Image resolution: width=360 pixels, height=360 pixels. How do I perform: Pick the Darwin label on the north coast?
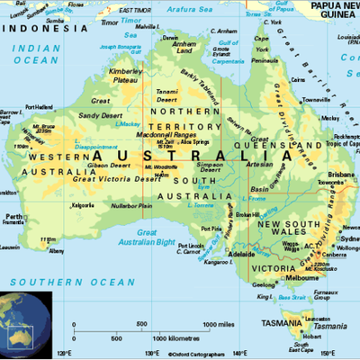(169, 39)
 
